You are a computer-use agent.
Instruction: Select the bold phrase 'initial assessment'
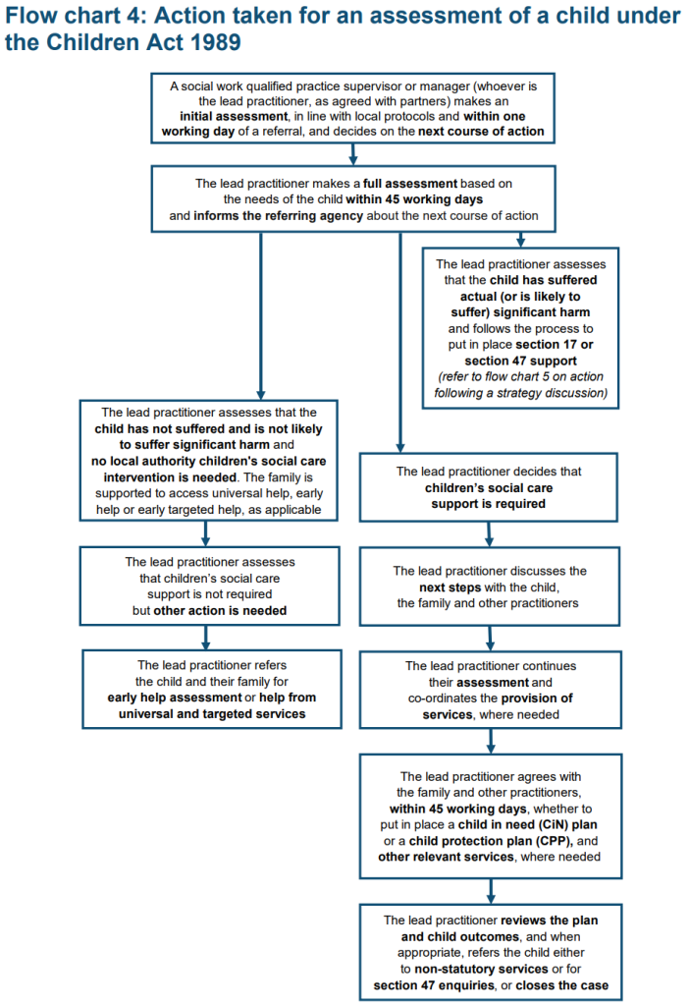tap(237, 116)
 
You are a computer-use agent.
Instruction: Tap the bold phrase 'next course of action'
tap(481, 131)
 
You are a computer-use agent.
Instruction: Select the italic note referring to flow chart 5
tap(521, 385)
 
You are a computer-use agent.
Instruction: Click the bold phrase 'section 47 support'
tap(521, 360)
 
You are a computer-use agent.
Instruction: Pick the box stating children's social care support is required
tap(488, 487)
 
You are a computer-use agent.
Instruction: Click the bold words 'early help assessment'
tap(175, 698)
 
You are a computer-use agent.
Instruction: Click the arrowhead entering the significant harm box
tap(521, 240)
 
